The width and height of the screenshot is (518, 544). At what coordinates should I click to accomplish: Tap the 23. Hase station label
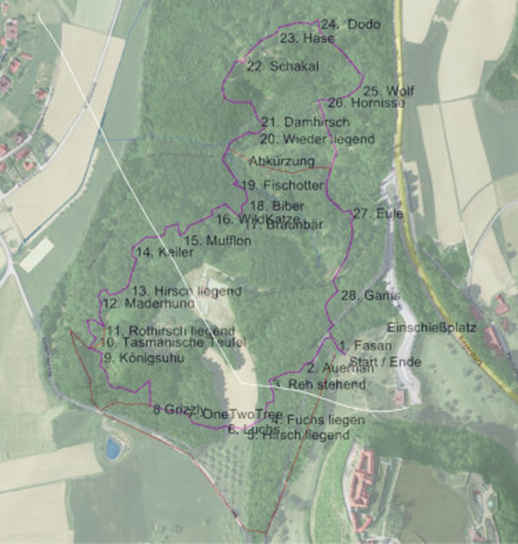pos(307,39)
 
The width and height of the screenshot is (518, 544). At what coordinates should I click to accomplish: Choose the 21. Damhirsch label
pos(305,122)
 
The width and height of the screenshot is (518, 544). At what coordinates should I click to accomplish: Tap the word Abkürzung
pos(282,162)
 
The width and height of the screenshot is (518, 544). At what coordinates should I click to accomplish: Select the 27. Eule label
pos(378,214)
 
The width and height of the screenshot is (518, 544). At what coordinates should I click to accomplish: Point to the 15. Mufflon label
pos(218,240)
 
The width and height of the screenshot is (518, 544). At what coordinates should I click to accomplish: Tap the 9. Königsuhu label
pos(143,358)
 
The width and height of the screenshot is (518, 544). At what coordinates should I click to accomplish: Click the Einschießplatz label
pos(431,328)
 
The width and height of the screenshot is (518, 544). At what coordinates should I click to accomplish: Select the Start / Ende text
pos(385,362)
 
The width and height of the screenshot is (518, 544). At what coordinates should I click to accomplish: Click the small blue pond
pos(113,448)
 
